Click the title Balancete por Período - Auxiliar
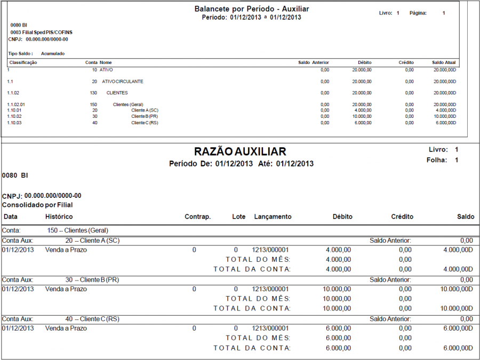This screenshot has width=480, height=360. coord(252,9)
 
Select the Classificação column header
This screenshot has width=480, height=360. coord(23,62)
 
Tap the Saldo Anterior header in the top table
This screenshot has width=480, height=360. coord(314,62)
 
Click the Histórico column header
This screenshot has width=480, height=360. coord(59,217)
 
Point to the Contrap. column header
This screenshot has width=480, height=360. coord(197,217)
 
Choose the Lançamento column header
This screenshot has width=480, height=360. coord(273,217)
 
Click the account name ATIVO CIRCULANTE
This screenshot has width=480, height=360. coord(123,82)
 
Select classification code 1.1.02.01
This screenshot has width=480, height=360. coord(17,105)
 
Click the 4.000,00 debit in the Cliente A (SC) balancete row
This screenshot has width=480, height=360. coord(362,110)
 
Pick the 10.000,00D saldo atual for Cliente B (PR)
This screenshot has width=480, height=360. coord(445,116)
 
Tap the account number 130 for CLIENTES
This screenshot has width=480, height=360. coord(93,93)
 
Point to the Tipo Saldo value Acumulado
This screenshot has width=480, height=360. coord(53,54)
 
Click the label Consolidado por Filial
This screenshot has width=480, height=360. coord(37,205)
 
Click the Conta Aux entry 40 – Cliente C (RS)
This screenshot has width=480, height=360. coord(92,319)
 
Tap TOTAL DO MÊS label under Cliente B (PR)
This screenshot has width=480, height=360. coord(258,299)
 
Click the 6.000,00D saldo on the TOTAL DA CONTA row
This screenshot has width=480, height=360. coord(458,348)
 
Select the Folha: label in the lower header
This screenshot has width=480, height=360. coord(437,160)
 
